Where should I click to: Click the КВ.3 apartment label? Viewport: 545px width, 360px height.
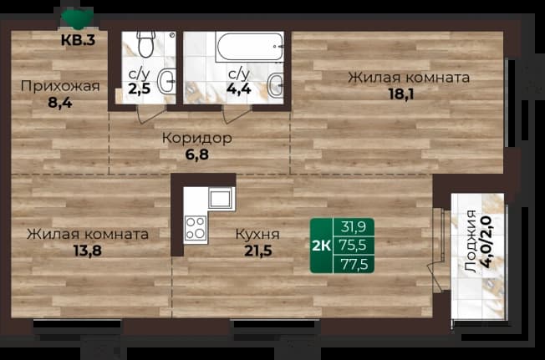(x=78, y=40)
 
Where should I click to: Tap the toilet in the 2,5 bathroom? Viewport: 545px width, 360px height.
(x=145, y=43)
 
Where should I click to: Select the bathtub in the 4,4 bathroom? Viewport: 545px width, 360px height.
(x=249, y=47)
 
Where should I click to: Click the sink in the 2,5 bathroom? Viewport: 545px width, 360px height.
(x=166, y=81)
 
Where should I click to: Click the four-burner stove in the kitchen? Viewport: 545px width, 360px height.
(x=195, y=228)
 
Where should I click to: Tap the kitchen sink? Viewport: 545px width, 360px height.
(x=220, y=198)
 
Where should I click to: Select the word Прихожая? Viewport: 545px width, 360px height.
(x=60, y=86)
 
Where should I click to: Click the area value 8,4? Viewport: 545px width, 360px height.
(x=60, y=103)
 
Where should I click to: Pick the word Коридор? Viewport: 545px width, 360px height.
(x=197, y=138)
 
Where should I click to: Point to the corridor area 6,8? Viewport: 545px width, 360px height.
(x=197, y=155)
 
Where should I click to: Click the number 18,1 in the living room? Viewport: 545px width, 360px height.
(x=401, y=94)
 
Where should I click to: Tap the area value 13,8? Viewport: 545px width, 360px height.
(x=88, y=250)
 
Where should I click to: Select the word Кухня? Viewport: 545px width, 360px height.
(x=257, y=234)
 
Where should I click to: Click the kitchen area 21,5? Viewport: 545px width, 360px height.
(x=258, y=251)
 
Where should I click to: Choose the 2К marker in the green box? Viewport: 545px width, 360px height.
(x=322, y=246)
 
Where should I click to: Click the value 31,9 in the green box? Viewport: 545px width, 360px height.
(x=353, y=227)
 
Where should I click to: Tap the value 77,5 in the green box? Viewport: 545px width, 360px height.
(x=354, y=265)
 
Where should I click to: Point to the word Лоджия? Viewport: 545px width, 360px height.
(x=471, y=241)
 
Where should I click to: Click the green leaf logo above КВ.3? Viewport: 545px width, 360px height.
(x=77, y=18)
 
